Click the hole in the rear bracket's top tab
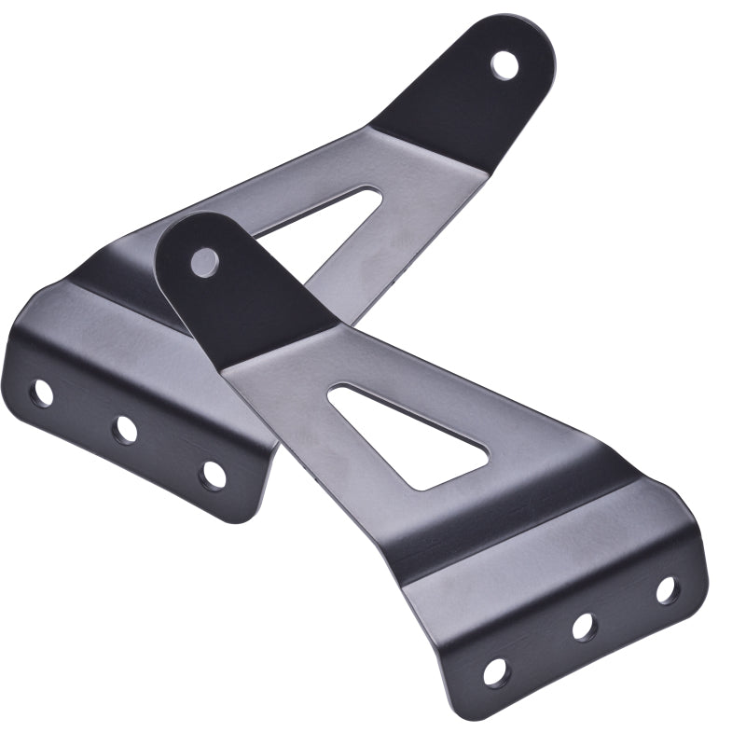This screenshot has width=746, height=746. point(504,63)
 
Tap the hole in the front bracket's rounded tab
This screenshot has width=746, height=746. point(204,262)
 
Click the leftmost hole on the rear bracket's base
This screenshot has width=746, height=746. point(41,393)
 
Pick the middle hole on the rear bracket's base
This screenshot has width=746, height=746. point(125,429)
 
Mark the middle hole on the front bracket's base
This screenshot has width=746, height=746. point(585,626)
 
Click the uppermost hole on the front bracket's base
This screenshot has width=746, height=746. point(667,589)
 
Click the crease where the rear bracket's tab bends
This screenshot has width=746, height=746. point(429,140)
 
